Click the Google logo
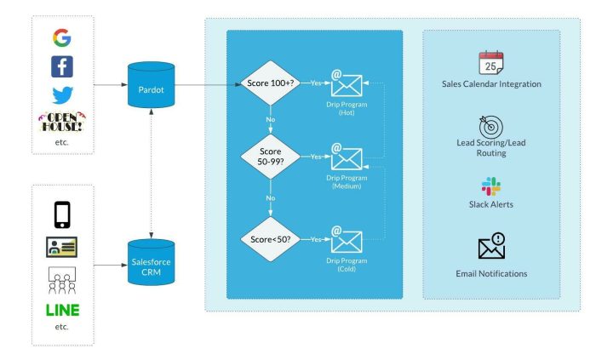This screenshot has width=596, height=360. coord(62,38)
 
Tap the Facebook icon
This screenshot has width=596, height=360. coord(62,66)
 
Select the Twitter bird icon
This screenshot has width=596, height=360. coord(62,94)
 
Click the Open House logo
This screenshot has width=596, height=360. coord(62,123)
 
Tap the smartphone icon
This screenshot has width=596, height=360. coord(62,214)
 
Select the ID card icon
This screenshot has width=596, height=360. coord(62,247)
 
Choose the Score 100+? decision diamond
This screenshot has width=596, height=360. coord(271,83)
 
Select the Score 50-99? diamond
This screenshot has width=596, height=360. coord(271,157)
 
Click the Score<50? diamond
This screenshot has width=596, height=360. coord(271,239)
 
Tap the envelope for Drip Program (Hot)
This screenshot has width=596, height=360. coord(347,83)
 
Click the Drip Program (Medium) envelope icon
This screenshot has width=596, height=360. coord(347,157)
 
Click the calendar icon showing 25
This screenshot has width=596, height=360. coord(491,63)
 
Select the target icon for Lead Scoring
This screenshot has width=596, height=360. coord(491,124)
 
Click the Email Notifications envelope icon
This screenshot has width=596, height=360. coord(491,247)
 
